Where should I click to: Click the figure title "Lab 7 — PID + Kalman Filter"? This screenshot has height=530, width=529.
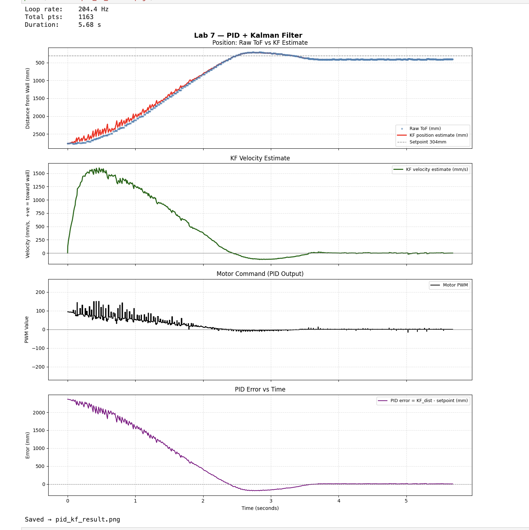pyautogui.click(x=248, y=35)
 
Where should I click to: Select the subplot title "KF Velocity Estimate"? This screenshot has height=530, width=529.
pyautogui.click(x=260, y=158)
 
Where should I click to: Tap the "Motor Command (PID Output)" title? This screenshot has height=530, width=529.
pyautogui.click(x=260, y=274)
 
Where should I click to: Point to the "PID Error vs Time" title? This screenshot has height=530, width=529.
pyautogui.click(x=260, y=389)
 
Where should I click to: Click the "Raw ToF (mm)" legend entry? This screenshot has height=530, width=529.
pyautogui.click(x=425, y=129)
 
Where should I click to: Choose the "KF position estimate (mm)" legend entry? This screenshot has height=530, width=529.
pyautogui.click(x=438, y=135)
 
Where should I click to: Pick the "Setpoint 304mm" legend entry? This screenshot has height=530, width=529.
pyautogui.click(x=428, y=142)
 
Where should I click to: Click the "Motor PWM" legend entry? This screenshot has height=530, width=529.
pyautogui.click(x=455, y=285)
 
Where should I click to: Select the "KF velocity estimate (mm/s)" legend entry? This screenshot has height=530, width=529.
pyautogui.click(x=437, y=170)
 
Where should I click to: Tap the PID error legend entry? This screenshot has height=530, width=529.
pyautogui.click(x=429, y=401)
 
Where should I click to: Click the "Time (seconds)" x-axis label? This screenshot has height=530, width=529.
pyautogui.click(x=260, y=508)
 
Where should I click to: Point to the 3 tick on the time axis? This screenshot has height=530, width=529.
pyautogui.click(x=271, y=501)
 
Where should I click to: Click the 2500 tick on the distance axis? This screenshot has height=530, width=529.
pyautogui.click(x=39, y=134)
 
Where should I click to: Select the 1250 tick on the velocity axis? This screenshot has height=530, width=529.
pyautogui.click(x=39, y=187)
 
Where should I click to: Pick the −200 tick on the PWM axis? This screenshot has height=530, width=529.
pyautogui.click(x=38, y=367)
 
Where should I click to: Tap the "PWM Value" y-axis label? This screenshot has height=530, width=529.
pyautogui.click(x=27, y=329)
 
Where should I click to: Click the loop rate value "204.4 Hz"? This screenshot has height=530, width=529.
pyautogui.click(x=93, y=9)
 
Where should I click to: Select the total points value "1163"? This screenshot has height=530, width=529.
pyautogui.click(x=86, y=17)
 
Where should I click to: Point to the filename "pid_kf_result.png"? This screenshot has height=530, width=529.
pyautogui.click(x=88, y=519)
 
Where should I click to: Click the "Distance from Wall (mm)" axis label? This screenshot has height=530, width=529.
pyautogui.click(x=27, y=98)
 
